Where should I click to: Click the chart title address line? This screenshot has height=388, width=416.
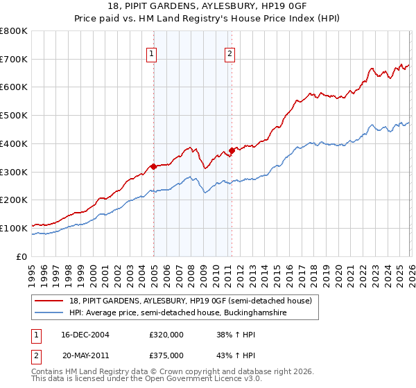pos(208,6)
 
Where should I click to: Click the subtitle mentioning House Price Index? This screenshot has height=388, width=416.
pos(208,19)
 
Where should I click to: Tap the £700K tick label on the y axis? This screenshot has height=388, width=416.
pos(14,60)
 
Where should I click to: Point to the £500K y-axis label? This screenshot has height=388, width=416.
pos(14,116)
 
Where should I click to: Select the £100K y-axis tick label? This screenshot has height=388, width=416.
pos(14,228)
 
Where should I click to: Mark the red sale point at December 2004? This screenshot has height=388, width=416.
pos(153,166)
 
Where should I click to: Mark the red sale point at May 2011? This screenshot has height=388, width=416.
pos(232,150)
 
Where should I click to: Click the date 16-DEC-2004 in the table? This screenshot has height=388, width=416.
pos(85,335)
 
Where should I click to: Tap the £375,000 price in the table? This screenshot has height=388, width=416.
pos(166,355)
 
